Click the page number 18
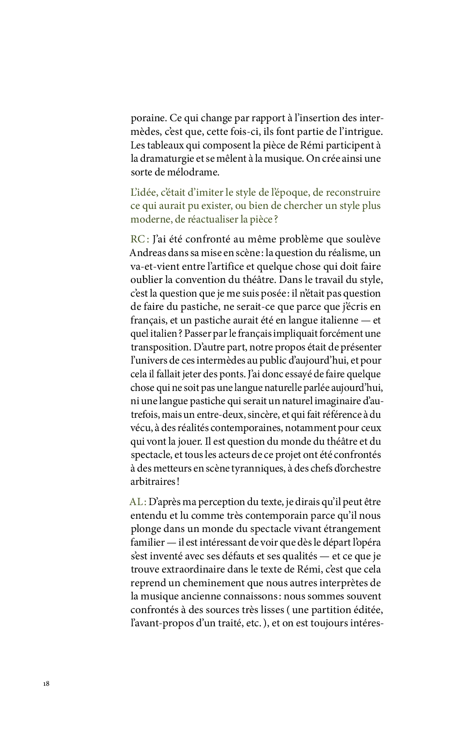tap(46, 684)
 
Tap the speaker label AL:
tap(137, 502)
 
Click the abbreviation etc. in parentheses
tap(254, 624)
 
